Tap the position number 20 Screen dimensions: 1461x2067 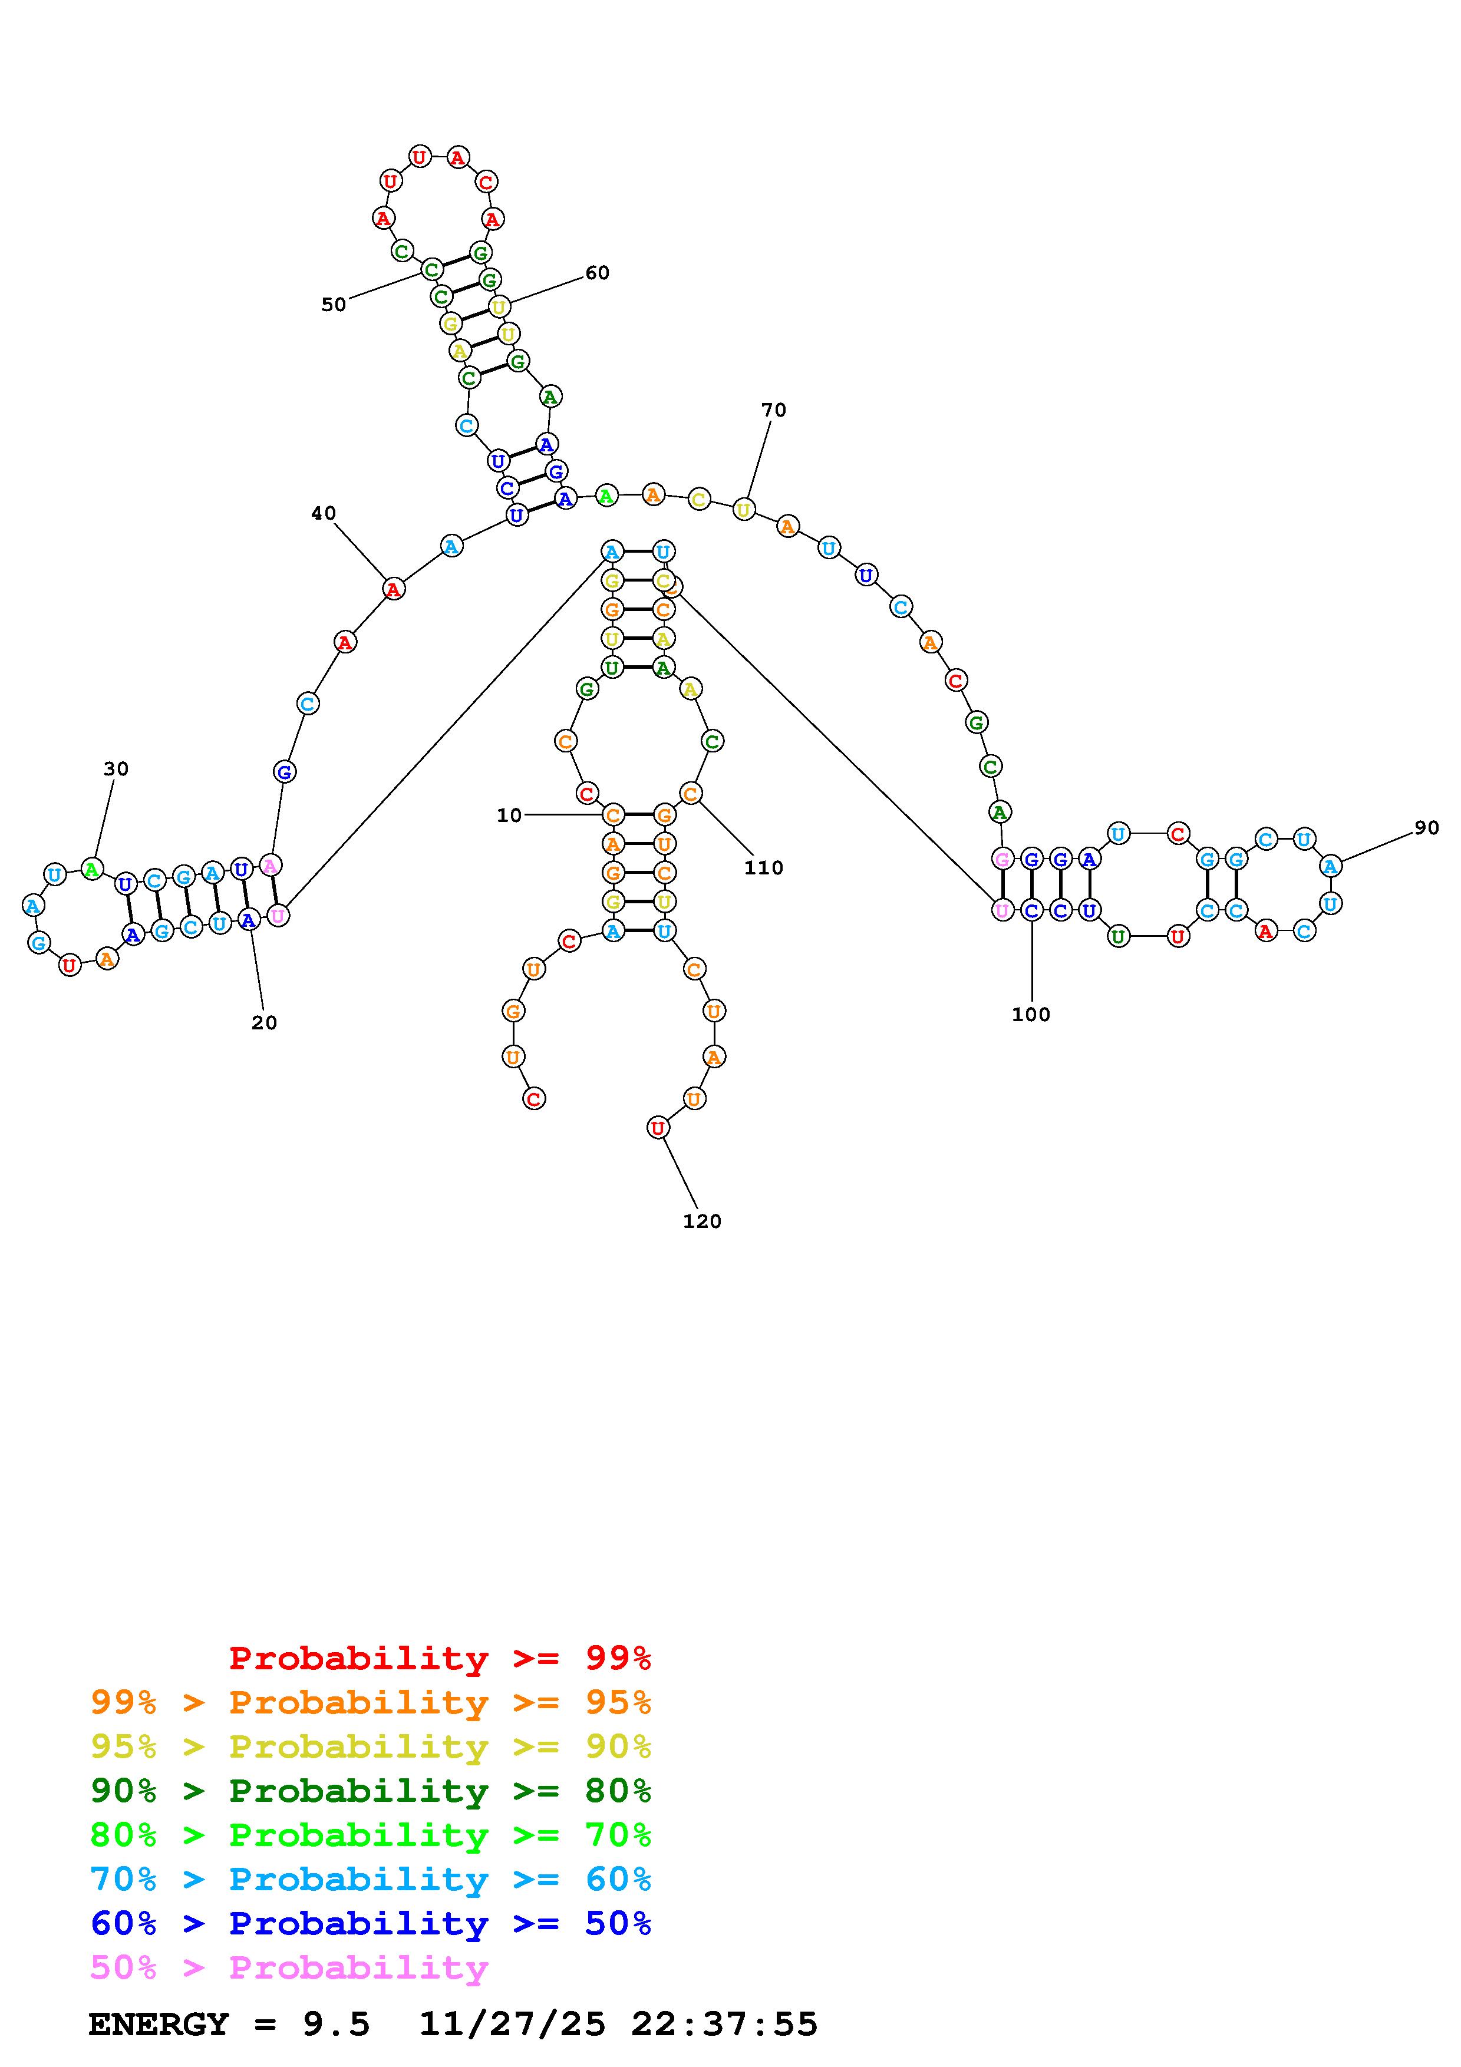(264, 1023)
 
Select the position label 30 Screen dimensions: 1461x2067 (116, 769)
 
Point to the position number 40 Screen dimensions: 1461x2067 (323, 513)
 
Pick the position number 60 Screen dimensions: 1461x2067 (597, 273)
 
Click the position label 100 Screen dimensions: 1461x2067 (1031, 1015)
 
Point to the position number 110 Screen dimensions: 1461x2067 (763, 868)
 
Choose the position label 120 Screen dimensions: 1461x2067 (702, 1221)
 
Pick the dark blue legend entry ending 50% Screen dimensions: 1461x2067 (371, 1923)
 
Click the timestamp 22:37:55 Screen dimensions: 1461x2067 (725, 2024)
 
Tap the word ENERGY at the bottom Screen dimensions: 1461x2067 (159, 2024)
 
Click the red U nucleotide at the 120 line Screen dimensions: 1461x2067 (658, 1127)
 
